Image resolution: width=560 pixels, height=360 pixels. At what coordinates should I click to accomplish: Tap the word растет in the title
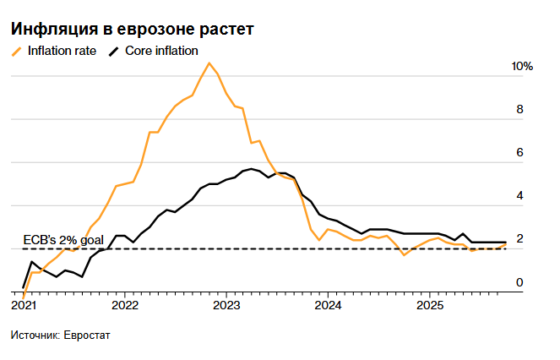point(225,29)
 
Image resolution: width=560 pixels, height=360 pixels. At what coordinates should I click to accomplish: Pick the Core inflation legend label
point(161,51)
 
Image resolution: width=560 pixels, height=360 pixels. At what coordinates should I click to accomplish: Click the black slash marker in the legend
point(115,52)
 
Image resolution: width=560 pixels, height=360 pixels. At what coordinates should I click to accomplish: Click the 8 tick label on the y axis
point(519,110)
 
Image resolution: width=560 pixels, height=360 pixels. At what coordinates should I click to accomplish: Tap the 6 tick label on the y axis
point(519,153)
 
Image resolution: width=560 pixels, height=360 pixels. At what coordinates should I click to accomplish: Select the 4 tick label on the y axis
point(519,196)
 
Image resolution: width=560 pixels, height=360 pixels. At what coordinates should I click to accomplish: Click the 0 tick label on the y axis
point(519,282)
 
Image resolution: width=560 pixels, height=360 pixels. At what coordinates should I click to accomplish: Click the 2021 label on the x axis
point(24,304)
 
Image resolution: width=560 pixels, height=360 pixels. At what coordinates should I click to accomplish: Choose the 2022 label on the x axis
point(125,304)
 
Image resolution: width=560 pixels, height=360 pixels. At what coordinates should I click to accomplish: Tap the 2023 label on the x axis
point(226,304)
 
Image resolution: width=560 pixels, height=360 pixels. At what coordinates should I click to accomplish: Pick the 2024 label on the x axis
point(329,304)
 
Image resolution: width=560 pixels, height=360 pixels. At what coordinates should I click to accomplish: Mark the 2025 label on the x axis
point(430,304)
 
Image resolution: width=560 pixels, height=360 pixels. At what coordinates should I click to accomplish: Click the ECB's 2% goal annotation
point(57,239)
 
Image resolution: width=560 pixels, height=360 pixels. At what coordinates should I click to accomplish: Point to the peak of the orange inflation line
point(209,63)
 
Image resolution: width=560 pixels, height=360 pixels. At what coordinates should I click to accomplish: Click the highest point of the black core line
point(251,169)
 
